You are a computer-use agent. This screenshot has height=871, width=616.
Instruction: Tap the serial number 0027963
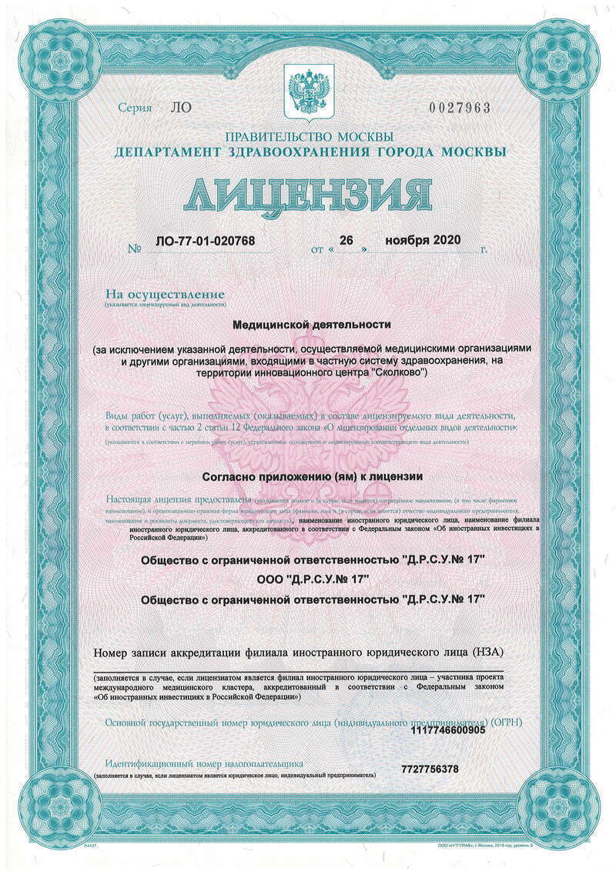pos(462,108)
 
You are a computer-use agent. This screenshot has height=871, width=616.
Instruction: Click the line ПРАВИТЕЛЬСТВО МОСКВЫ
pos(310,137)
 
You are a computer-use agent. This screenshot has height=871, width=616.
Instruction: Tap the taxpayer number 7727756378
pos(430,769)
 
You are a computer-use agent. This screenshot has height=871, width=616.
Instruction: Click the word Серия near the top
pos(135,108)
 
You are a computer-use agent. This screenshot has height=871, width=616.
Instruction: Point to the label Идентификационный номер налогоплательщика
pos(204,763)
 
